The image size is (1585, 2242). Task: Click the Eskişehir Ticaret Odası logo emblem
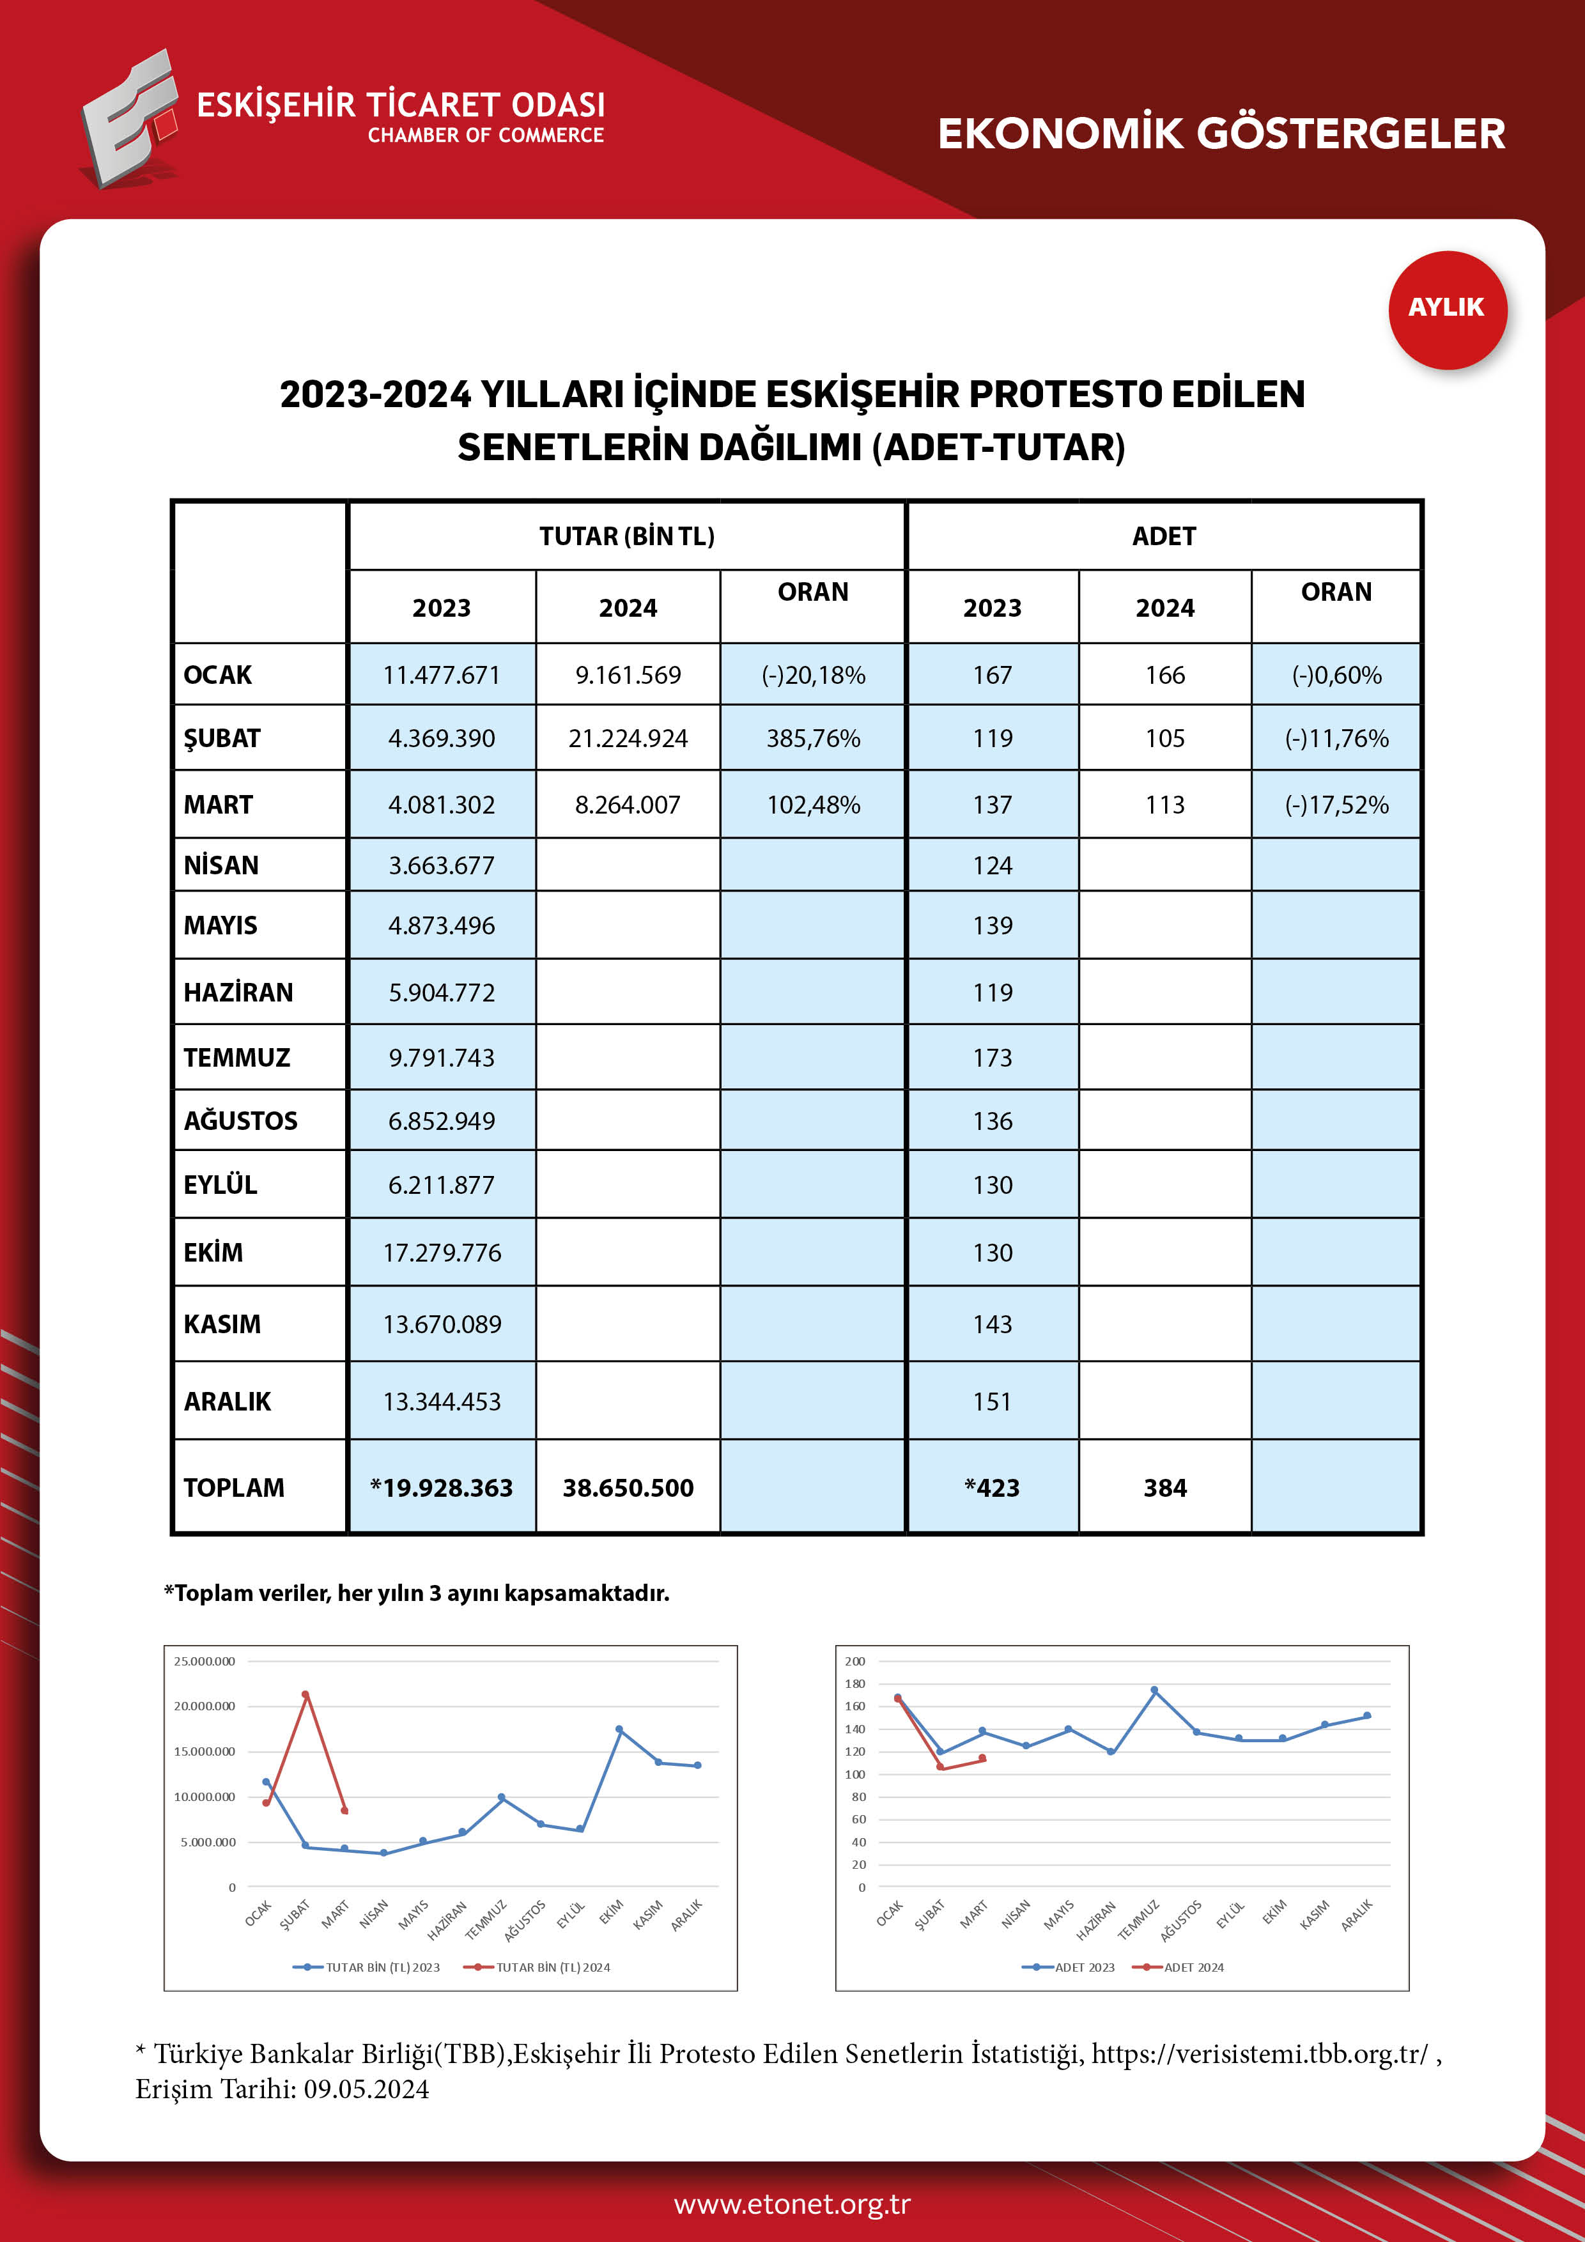click(x=130, y=119)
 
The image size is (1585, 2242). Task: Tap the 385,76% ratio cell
click(x=812, y=738)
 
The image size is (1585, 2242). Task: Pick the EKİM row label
click(x=214, y=1252)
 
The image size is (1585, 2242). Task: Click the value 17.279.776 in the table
click(x=442, y=1252)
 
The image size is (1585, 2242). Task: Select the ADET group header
click(x=1163, y=536)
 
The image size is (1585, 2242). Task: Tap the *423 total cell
click(x=991, y=1487)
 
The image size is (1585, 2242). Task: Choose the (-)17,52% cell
click(x=1335, y=805)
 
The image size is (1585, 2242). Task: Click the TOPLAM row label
click(x=235, y=1487)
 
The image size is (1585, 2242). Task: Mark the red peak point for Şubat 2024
click(x=305, y=1694)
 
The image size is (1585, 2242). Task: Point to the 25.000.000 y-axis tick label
click(x=204, y=1661)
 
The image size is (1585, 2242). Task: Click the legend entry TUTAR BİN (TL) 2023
click(x=382, y=1967)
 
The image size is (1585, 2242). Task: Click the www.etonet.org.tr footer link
click(x=792, y=2204)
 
